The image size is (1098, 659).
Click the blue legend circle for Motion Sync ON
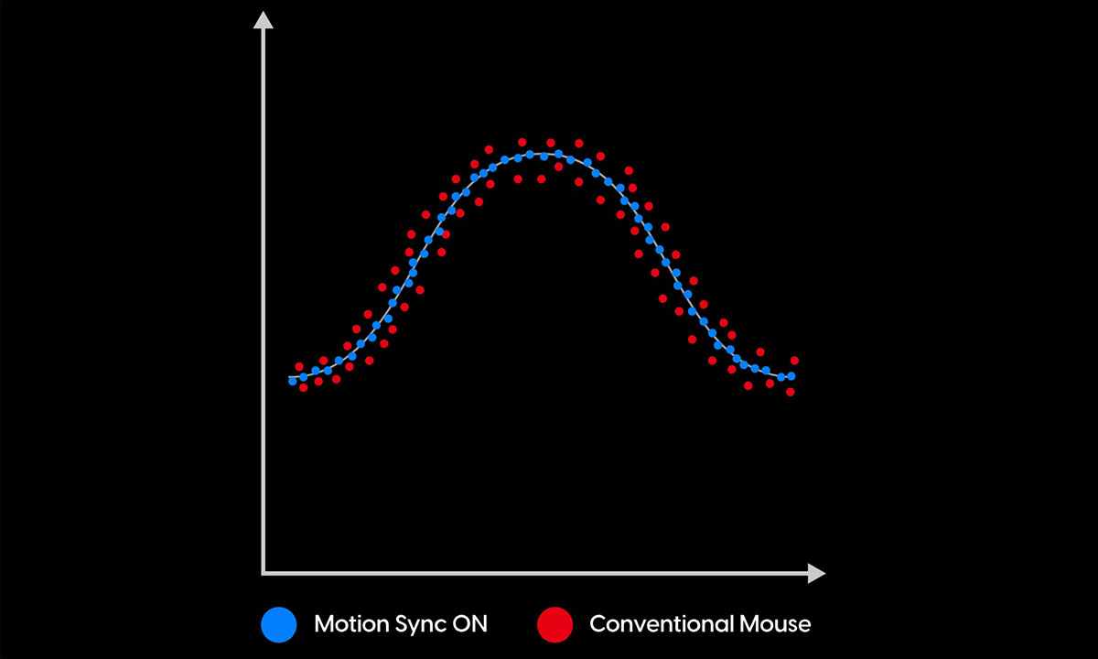point(279,625)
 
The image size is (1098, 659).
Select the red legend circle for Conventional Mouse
point(554,625)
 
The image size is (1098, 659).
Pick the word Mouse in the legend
point(772,625)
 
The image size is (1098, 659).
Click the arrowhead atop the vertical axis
point(264,20)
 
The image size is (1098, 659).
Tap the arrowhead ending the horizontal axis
point(816,574)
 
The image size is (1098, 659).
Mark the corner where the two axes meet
point(264,574)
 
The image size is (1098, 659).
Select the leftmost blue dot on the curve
point(293,380)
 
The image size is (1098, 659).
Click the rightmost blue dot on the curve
point(791,376)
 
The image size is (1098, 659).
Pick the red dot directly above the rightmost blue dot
point(794,361)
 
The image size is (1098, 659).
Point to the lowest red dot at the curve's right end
point(790,392)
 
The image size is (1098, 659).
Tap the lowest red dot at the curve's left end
point(304,387)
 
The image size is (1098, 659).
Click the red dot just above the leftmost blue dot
point(298,366)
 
